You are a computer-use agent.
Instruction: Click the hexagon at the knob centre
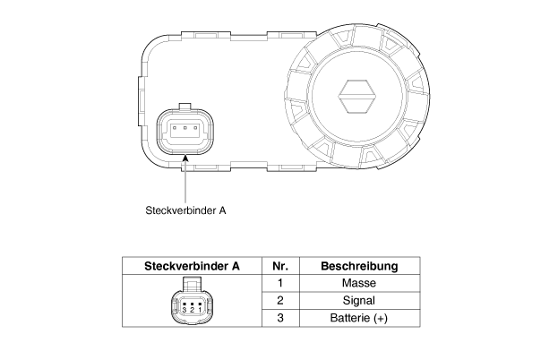pos(357,96)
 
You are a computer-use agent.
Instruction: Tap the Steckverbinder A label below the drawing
pos(185,210)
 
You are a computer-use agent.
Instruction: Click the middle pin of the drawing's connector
pos(185,127)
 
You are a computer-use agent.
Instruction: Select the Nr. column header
pos(280,266)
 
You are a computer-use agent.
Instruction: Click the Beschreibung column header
pos(359,266)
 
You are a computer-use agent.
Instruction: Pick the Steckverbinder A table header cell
pos(192,266)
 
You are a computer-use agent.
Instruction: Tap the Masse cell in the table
pos(359,283)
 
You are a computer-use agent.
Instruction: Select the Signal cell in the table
pos(358,300)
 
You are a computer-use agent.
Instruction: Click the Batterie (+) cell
pos(358,317)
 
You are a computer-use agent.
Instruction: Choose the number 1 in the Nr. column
pos(280,283)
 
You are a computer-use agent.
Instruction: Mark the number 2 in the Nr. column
pos(280,300)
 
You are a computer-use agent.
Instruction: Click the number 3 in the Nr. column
pos(280,317)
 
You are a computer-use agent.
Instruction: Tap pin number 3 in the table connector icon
pos(185,309)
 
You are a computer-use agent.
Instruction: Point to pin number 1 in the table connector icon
pos(200,309)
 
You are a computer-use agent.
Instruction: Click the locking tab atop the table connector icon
pos(192,284)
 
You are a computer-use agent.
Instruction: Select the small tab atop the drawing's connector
pos(185,107)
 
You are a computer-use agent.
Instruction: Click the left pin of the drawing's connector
pos(175,127)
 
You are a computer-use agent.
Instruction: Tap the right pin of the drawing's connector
pos(195,127)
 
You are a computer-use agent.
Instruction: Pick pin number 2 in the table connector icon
pos(193,309)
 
